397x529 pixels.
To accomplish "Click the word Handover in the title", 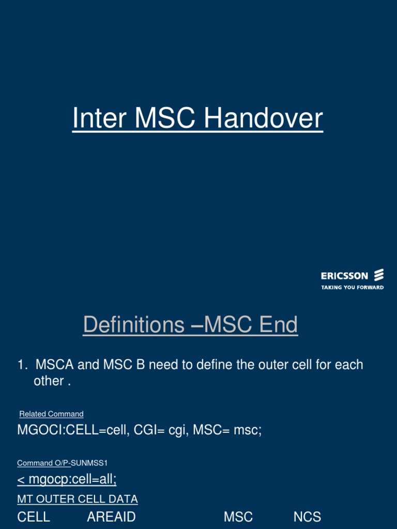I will coord(264,119).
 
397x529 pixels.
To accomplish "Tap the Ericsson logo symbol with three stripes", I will coord(379,275).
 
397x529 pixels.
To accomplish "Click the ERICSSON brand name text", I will coord(344,276).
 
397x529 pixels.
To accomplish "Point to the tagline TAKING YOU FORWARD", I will coord(352,287).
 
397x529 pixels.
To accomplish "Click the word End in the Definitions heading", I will coord(278,325).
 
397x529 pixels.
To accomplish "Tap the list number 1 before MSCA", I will coord(21,365).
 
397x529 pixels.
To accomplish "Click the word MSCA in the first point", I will coord(54,365).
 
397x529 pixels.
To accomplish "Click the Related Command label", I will coord(51,414).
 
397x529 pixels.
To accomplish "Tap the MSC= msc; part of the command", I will coord(227,430).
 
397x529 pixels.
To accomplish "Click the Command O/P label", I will coord(43,463).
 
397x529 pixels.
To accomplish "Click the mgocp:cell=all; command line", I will coord(67,480).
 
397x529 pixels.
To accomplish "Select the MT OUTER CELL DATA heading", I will coord(78,499).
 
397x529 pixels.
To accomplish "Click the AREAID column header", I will coord(111,517).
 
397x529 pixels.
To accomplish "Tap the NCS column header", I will coord(307,517).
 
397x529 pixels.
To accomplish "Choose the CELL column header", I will coord(34,517).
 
